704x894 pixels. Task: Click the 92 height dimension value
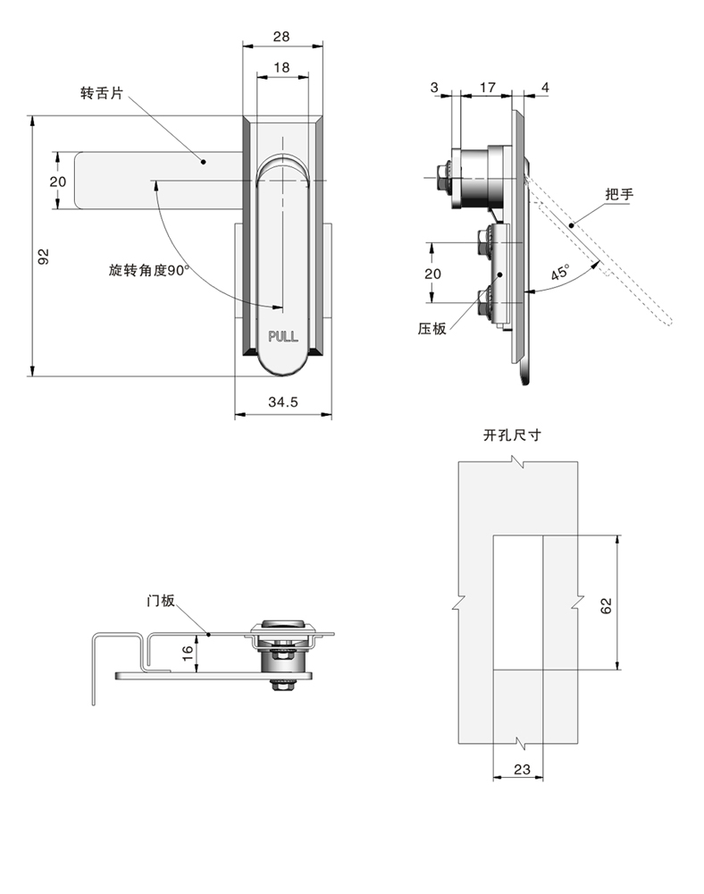point(42,257)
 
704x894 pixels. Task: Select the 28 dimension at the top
point(281,37)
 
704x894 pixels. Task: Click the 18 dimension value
point(281,68)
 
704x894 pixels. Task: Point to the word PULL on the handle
point(283,336)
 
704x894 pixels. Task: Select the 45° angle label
point(560,274)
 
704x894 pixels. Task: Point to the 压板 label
point(432,328)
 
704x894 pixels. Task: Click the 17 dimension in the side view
point(487,87)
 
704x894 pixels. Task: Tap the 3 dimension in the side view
point(434,87)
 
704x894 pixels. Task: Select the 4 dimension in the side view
point(545,87)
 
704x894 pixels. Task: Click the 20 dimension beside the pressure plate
point(432,274)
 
